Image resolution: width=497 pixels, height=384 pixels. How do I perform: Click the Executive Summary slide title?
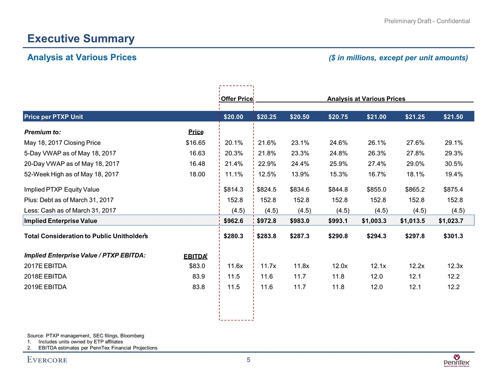80,39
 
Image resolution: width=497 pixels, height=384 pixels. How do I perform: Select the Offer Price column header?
237,99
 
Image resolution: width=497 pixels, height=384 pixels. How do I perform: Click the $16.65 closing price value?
195,142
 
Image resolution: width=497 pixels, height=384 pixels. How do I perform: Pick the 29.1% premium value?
453,142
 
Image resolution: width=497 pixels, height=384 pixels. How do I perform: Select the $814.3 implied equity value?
233,191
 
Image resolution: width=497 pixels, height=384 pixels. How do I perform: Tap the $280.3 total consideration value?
233,235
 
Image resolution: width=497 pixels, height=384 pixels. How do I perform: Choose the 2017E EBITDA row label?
45,266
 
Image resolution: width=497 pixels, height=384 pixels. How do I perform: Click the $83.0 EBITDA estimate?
195,266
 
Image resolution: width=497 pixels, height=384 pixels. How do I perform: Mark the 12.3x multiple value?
453,266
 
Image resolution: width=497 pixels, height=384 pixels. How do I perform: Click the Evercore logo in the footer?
47,360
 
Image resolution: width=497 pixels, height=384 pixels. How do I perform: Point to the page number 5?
248,360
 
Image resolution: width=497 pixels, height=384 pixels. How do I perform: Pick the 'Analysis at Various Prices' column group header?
366,99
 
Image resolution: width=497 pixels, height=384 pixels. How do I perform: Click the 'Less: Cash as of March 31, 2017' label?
70,210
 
